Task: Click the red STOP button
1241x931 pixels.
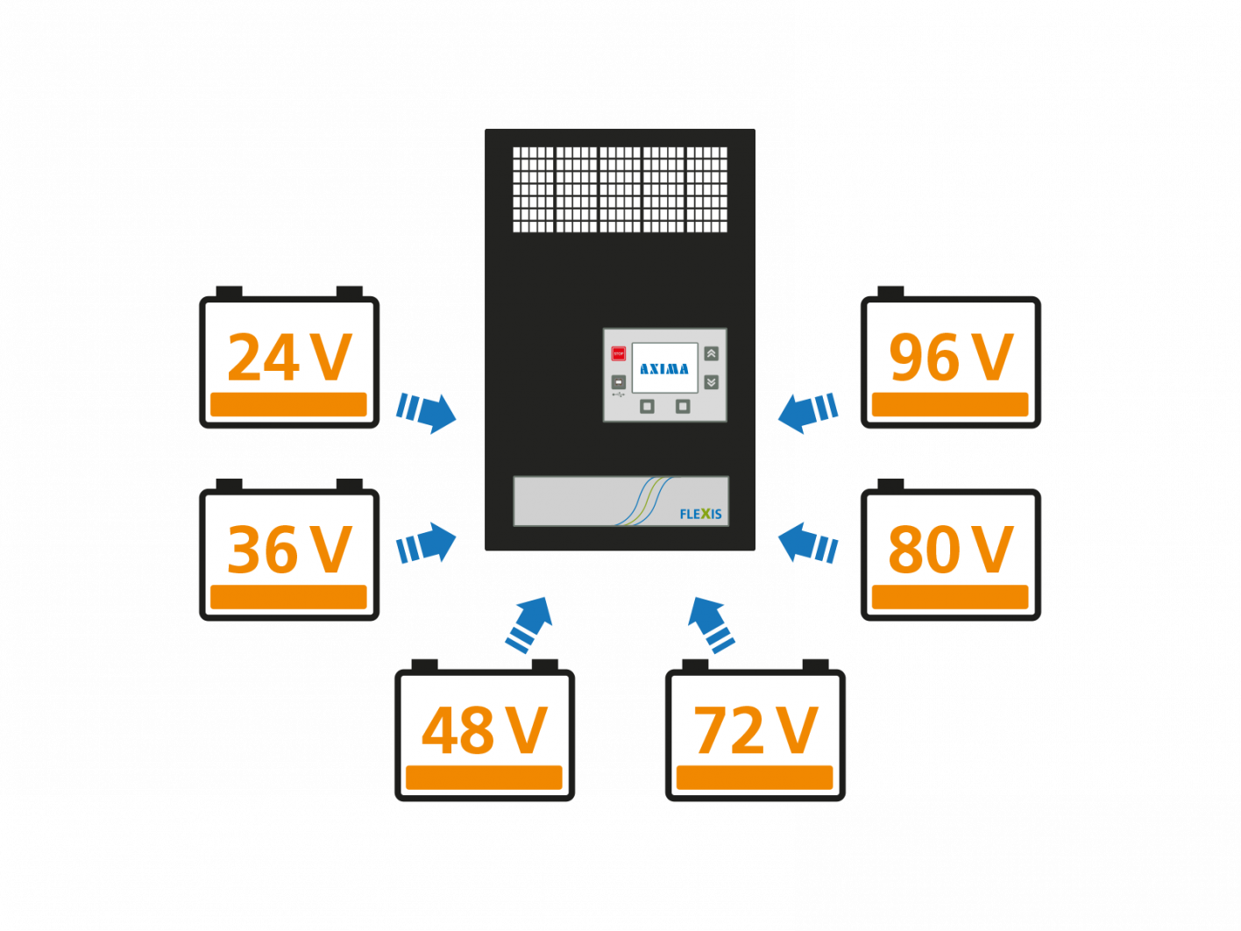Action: click(618, 353)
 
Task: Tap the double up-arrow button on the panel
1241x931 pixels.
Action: click(711, 353)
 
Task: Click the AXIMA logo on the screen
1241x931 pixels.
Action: click(664, 369)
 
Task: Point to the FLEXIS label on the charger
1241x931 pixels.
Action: click(700, 514)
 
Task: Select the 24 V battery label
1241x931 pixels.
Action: click(289, 359)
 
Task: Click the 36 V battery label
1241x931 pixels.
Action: click(289, 551)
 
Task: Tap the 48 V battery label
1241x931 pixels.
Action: click(484, 731)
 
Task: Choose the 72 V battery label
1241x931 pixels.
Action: click(755, 731)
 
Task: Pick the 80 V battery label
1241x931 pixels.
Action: click(951, 551)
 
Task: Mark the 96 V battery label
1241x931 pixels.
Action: click(951, 359)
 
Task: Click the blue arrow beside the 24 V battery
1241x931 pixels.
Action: click(427, 411)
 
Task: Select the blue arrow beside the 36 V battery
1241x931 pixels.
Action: click(427, 544)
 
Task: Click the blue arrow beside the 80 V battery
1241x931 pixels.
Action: click(807, 544)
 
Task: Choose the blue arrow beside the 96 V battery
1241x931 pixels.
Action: click(807, 411)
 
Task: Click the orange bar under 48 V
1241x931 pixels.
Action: click(484, 778)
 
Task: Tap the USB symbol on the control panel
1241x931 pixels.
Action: click(618, 395)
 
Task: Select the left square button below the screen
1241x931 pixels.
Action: click(647, 406)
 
